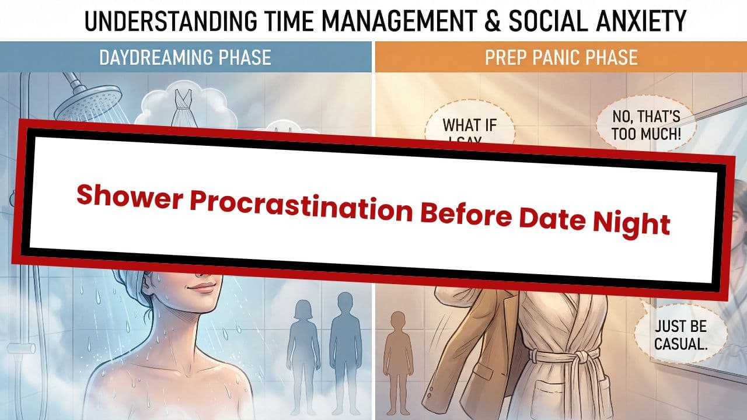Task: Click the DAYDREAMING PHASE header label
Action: pyautogui.click(x=185, y=58)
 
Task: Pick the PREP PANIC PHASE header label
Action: pyautogui.click(x=561, y=58)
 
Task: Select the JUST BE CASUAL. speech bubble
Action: pyautogui.click(x=680, y=334)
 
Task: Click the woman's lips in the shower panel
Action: pyautogui.click(x=201, y=287)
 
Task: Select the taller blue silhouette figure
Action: pyautogui.click(x=344, y=344)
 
